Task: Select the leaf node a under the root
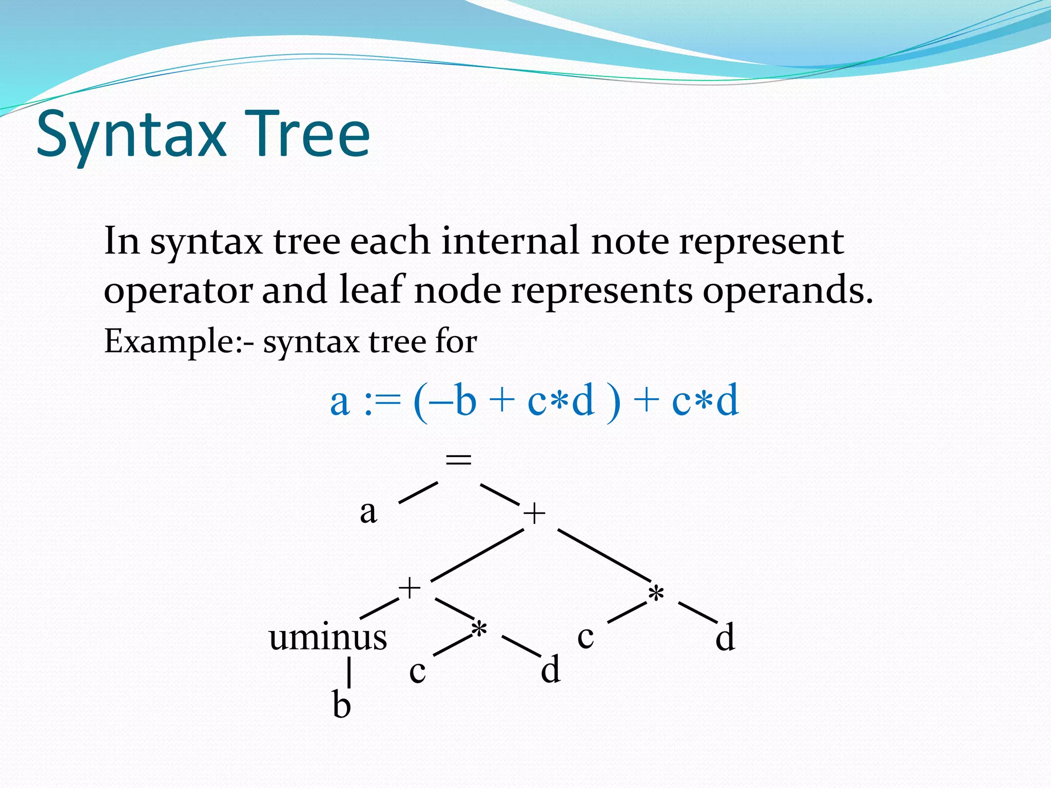point(368,512)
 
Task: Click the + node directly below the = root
point(534,514)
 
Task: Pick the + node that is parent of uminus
point(410,588)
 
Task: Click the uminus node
point(328,637)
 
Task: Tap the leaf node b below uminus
point(342,704)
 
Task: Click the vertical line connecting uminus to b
point(349,672)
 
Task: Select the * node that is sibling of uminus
point(479,631)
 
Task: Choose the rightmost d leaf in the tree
point(725,638)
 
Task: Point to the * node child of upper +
point(656,595)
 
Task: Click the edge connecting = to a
point(418,493)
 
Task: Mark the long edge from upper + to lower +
point(477,555)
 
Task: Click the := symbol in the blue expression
point(381,402)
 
